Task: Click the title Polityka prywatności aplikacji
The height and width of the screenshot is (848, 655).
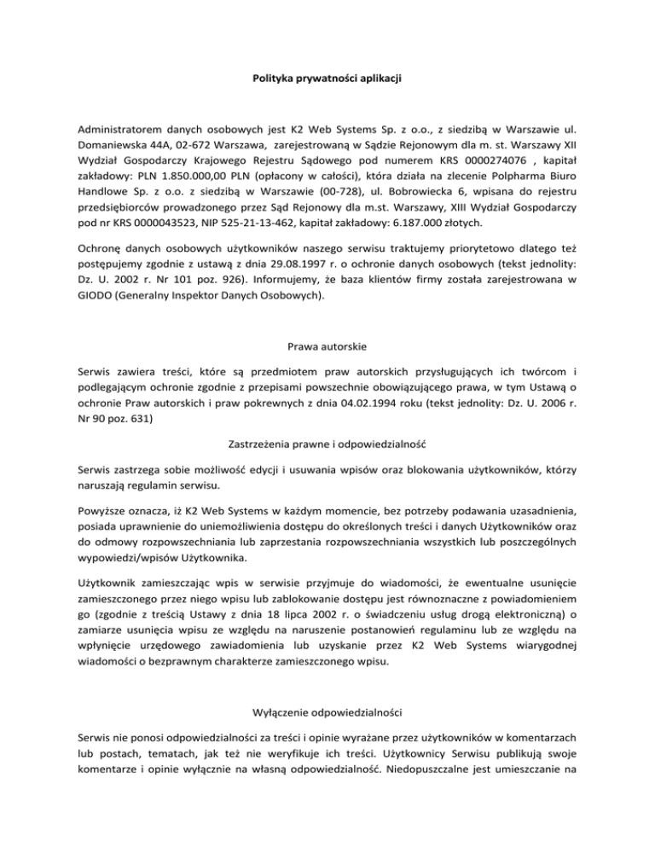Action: click(x=327, y=78)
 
